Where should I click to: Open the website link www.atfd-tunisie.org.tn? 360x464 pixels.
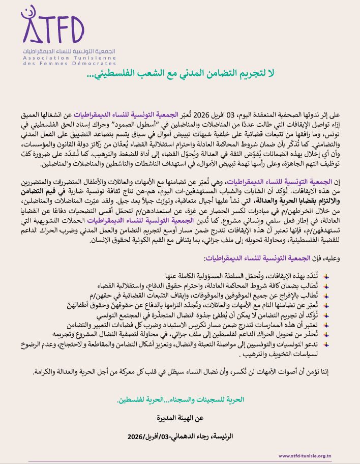click(313, 456)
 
